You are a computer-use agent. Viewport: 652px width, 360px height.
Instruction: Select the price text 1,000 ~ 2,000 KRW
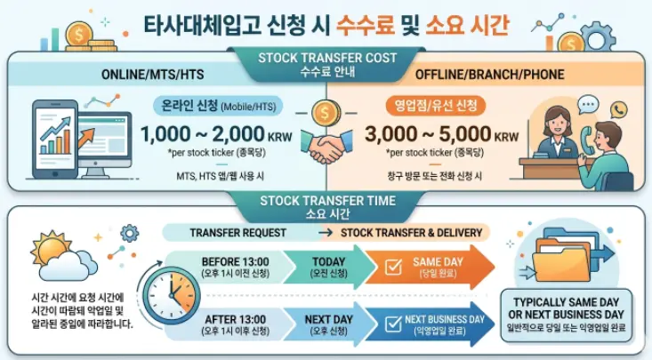click(213, 134)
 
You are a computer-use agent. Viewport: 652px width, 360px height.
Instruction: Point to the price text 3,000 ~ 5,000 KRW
click(441, 134)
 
